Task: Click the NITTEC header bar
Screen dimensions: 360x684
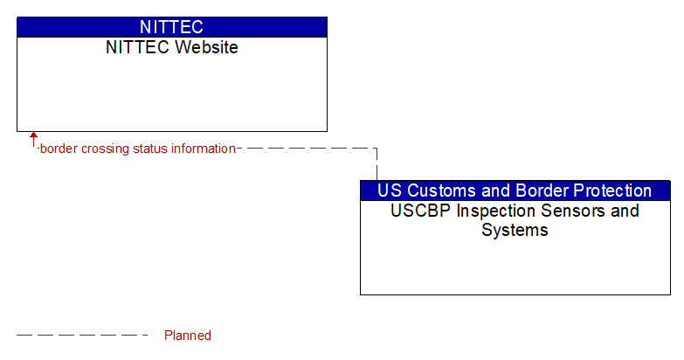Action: (171, 27)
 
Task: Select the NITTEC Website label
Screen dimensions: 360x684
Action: (171, 48)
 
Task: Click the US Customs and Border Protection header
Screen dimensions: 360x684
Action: (515, 190)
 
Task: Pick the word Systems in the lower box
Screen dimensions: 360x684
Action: (515, 231)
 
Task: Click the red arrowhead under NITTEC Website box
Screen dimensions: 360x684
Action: (33, 137)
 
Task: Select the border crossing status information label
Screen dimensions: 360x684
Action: (137, 149)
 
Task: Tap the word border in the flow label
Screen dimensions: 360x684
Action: (58, 149)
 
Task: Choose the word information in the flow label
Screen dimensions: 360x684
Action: (203, 149)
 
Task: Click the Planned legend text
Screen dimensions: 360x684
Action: (187, 336)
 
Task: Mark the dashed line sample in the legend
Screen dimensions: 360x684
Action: (83, 336)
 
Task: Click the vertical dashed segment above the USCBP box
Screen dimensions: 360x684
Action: (377, 166)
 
